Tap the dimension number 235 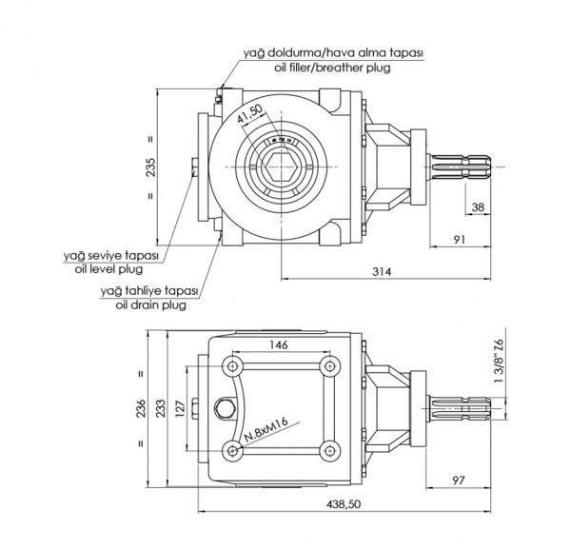pos(165,167)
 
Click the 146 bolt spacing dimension pos(279,345)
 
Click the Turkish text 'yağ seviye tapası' pos(108,256)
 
